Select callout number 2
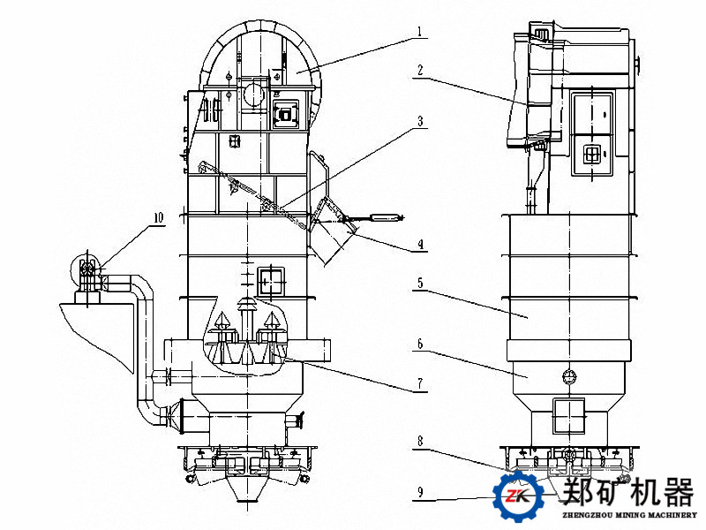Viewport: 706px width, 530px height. point(421,68)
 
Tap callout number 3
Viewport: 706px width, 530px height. point(421,121)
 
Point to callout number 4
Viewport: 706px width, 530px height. point(421,245)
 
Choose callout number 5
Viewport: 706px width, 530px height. point(421,284)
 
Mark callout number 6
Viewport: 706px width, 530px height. point(421,342)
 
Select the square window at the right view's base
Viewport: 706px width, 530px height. point(569,415)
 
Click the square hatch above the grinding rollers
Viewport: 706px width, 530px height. point(272,280)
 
